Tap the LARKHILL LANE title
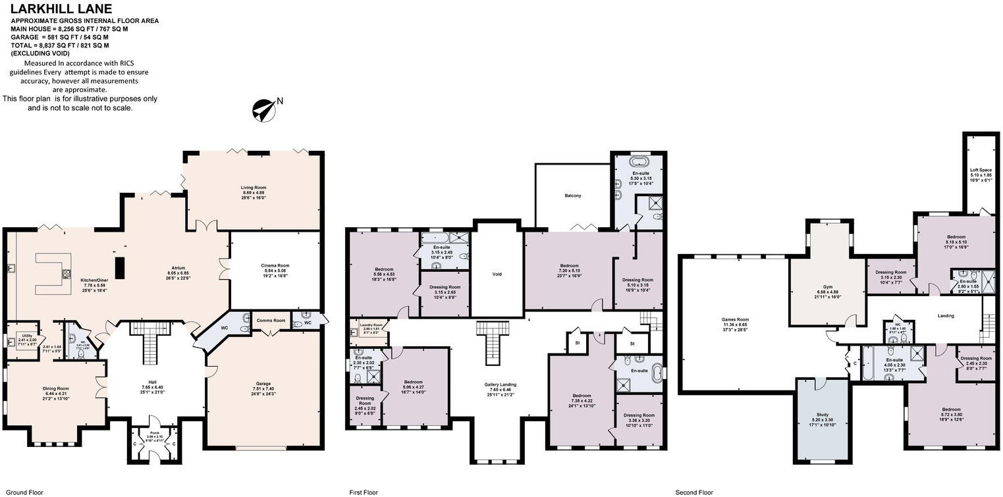point(57,9)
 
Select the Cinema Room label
point(273,266)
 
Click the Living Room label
point(254,188)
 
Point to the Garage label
point(263,384)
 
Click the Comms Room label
point(270,321)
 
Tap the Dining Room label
point(56,388)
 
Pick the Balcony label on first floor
point(572,196)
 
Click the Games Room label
point(735,319)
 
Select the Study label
point(823,415)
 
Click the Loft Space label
point(980,170)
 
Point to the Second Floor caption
point(694,492)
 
